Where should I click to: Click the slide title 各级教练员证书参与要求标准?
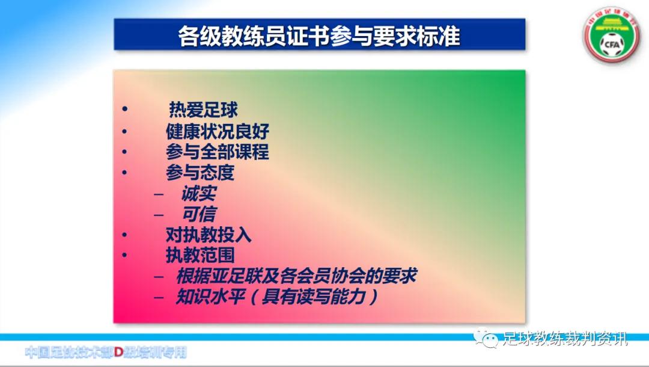pos(319,36)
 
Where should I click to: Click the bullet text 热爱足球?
pos(203,109)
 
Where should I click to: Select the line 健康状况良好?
pos(218,131)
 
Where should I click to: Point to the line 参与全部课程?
pos(218,152)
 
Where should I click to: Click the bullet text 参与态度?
pos(200,173)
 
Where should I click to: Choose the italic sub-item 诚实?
pos(198,193)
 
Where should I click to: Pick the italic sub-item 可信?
pos(198,214)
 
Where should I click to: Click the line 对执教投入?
pos(209,234)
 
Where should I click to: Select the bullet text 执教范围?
pos(200,254)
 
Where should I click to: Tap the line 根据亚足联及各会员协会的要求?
pos(296,276)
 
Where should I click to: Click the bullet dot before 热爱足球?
pos(125,110)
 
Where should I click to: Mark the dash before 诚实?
pos(159,194)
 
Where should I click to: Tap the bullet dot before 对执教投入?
pos(125,235)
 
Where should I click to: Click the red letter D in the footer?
pos(119,352)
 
